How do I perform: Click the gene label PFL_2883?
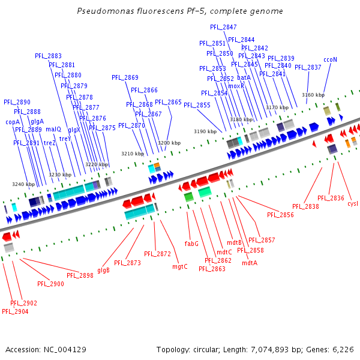point(48,56)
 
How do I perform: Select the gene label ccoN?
point(330,59)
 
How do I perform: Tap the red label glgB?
point(103,270)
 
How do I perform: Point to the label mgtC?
point(180,266)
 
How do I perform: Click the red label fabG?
point(191,244)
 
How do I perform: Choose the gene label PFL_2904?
point(15,311)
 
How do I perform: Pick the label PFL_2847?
point(223,27)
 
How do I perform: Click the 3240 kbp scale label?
point(23,184)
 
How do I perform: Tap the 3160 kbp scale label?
point(313,95)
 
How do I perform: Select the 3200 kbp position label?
point(169,143)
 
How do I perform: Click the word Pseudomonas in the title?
point(103,11)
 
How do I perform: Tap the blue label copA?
point(13,122)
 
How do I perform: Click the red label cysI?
point(353,203)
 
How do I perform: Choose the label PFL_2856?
point(281,215)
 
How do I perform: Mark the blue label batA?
point(244,77)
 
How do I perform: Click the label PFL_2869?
point(125,77)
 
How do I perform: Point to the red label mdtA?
point(250,263)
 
